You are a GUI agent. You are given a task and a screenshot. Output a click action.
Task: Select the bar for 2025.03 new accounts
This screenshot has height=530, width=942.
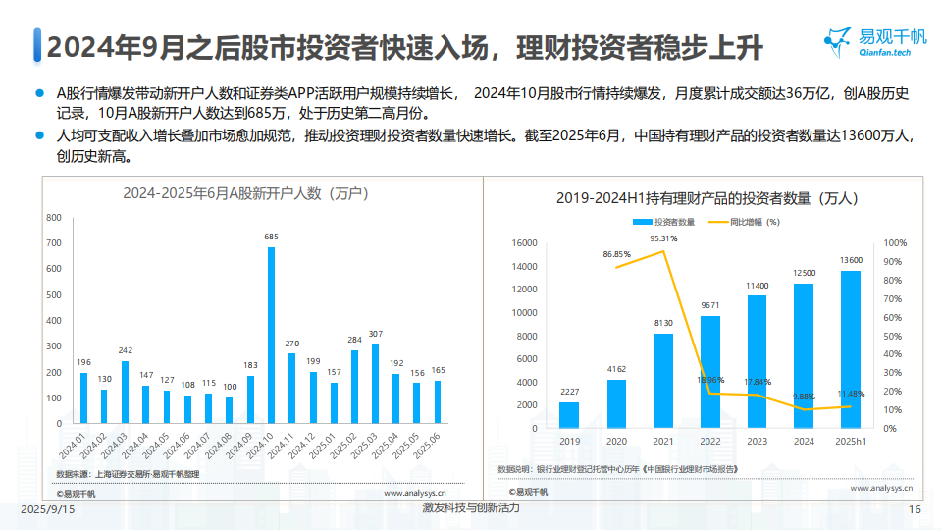tap(375, 384)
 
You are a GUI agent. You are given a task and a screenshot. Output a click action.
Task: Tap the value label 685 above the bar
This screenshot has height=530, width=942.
tap(271, 237)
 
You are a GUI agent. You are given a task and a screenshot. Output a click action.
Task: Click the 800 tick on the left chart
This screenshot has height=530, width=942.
tap(54, 217)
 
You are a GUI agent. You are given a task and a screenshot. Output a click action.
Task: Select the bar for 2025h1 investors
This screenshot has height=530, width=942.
tap(851, 349)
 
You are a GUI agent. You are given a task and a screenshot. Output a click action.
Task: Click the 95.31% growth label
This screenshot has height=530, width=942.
tap(663, 238)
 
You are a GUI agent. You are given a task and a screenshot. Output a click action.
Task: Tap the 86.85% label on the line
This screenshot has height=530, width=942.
tap(617, 255)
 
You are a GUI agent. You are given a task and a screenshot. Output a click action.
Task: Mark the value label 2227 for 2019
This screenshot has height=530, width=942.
tap(569, 392)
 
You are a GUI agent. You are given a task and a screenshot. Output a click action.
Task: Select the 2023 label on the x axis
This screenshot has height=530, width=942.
tap(757, 442)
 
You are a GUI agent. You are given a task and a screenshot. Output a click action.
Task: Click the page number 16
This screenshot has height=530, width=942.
tap(915, 510)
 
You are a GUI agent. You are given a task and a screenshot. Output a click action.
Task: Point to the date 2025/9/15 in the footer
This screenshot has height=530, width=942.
tap(48, 510)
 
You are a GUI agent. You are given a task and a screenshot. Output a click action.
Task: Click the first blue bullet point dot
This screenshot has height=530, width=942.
tap(40, 94)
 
